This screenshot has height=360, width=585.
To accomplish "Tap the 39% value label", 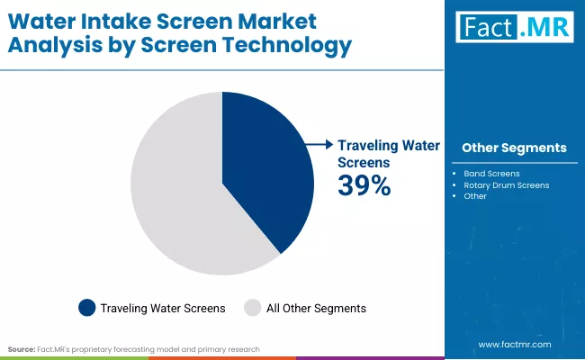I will click(x=364, y=185).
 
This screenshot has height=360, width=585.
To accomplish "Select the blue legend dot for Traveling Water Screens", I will click(x=87, y=308).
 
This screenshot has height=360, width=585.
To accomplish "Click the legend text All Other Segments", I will click(x=316, y=308).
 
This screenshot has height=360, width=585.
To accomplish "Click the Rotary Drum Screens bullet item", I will click(x=506, y=184).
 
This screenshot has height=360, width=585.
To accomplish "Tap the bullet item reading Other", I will click(x=475, y=196).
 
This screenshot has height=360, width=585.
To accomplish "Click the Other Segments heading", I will click(x=514, y=148).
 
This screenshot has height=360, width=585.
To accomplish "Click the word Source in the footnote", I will click(x=21, y=347).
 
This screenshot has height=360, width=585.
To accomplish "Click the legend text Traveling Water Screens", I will click(x=163, y=308).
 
